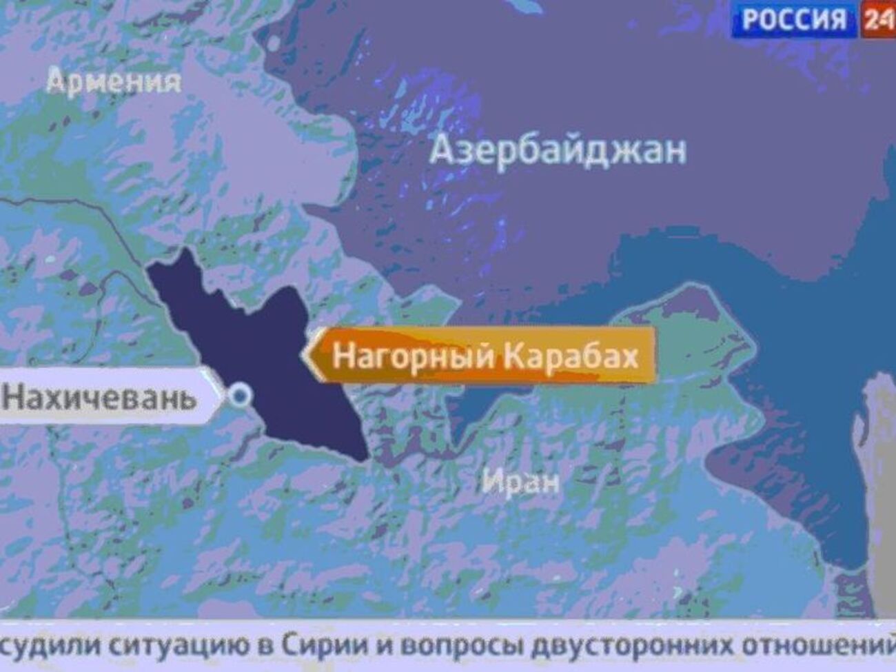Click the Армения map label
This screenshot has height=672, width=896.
(114, 83)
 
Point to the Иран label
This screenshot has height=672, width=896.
(521, 480)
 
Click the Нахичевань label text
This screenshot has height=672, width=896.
(99, 398)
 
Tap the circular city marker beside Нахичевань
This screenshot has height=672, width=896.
(241, 396)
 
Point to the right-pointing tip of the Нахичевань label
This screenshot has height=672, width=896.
(223, 398)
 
